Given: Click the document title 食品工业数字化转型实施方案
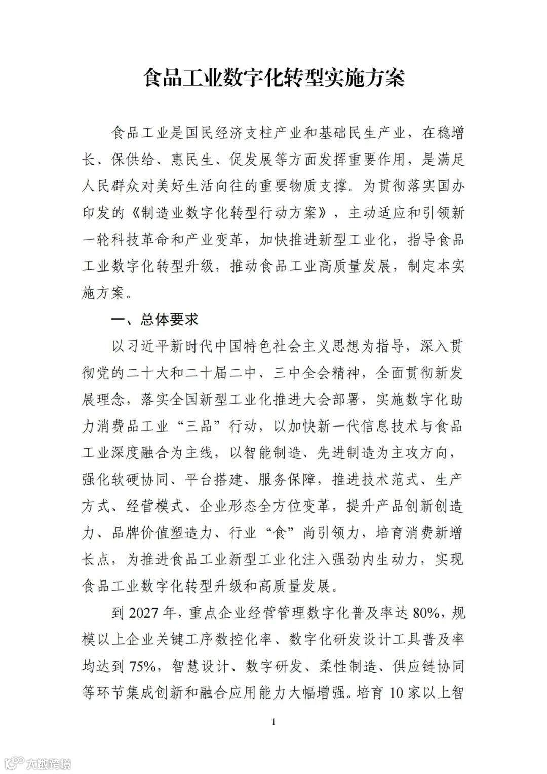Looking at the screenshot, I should pos(273,79).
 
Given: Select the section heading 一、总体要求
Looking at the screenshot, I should pos(155,319).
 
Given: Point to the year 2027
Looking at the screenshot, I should pos(144,613).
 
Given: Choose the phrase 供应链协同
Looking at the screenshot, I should pos(428,666).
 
